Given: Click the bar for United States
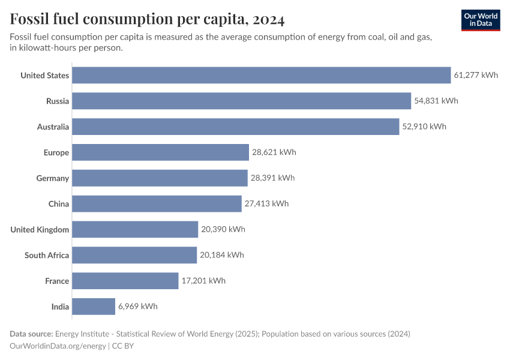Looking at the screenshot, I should point(262,75).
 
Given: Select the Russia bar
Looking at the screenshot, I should point(242,101).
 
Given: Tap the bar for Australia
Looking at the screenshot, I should point(236,127).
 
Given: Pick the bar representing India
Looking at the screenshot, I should point(94,307).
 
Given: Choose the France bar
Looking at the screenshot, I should point(125,281).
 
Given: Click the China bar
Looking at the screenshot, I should point(157,204).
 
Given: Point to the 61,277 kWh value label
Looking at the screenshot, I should point(476,75).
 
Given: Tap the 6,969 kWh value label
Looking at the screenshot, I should point(138,307).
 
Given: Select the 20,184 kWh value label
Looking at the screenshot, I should point(222,255).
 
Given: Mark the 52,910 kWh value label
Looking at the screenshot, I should point(424,127).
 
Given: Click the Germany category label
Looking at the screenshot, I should point(53,178).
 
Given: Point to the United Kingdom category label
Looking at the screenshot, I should point(40,230).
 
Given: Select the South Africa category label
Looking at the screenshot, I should point(47,256).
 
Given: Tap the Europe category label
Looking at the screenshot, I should point(56,152).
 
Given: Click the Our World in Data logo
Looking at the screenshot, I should point(481,20).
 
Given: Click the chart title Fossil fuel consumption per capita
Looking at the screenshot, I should point(147,19).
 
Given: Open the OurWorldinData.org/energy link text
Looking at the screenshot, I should point(58,346).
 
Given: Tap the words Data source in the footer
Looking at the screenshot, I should point(31,334).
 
